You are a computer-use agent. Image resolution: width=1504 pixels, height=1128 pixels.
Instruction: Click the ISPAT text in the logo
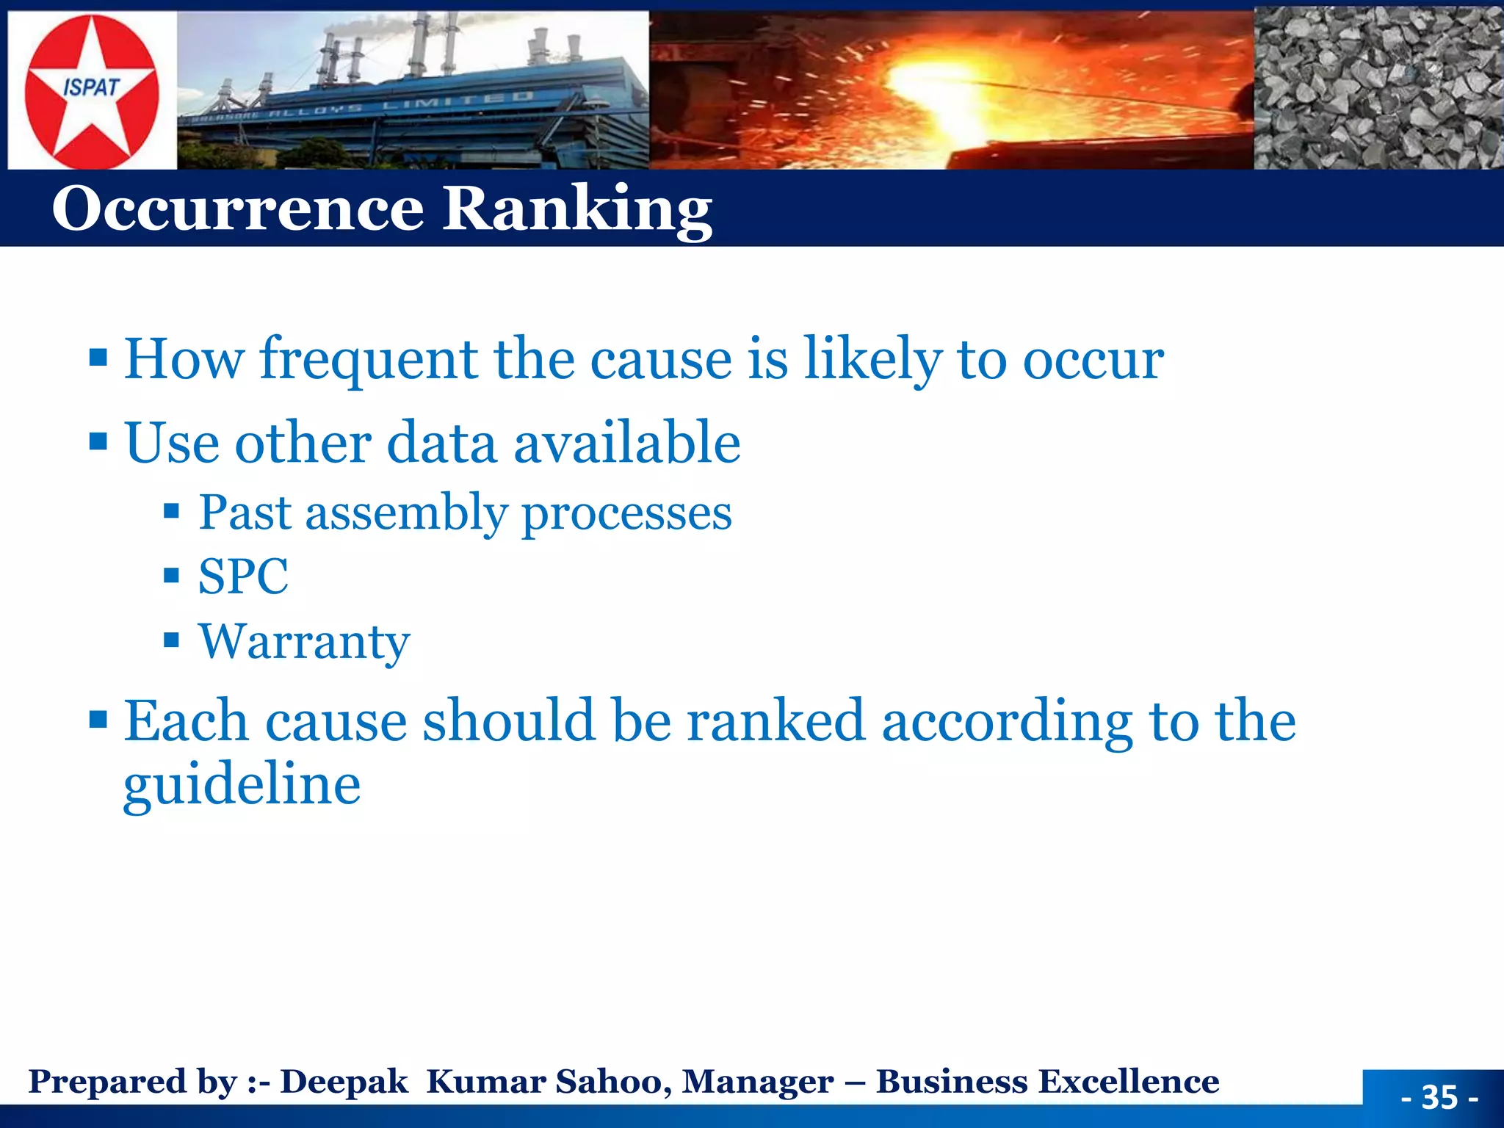coord(91,88)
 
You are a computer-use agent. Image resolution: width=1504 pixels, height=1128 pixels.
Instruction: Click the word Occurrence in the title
coord(238,209)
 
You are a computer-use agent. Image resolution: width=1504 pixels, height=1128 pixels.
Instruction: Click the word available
coord(626,444)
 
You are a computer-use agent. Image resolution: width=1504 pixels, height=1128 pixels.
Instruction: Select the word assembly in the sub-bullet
coord(406,513)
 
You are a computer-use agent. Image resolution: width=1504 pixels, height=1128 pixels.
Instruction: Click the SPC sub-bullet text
coord(243,577)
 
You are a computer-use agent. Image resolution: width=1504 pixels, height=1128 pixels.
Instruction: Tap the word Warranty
coord(304,642)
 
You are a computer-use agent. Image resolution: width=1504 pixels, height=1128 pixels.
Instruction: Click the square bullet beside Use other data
coord(98,442)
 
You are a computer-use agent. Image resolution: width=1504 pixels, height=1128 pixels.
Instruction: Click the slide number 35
coord(1439,1097)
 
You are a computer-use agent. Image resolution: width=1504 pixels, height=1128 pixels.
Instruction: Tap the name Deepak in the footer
coord(344,1082)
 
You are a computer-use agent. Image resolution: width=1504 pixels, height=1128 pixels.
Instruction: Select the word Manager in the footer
coord(757,1082)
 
